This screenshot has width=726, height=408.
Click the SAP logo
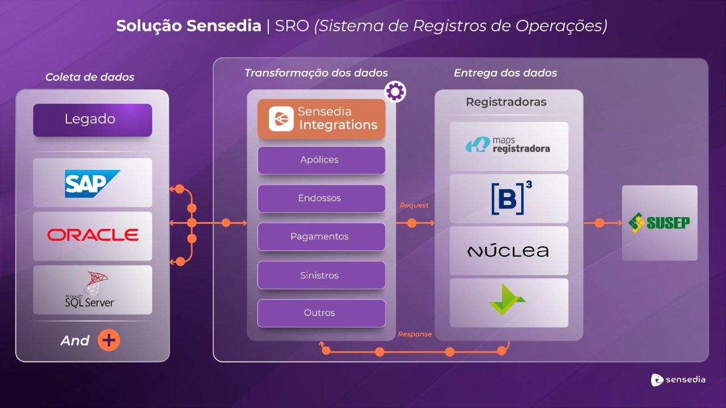point(92,183)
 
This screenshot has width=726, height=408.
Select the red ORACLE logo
point(92,235)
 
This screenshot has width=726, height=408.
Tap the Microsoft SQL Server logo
point(91,290)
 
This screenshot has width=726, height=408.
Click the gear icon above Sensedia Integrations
point(395,91)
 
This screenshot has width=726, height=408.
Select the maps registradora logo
point(508,146)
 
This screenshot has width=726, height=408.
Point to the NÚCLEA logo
point(508,250)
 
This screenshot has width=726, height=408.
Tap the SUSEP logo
point(659,222)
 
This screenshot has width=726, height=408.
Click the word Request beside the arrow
point(414,205)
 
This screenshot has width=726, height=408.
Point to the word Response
point(415,334)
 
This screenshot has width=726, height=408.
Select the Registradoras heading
point(506,102)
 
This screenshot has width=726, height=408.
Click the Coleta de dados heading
point(90,77)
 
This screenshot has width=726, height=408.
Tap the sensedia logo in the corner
point(678,380)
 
